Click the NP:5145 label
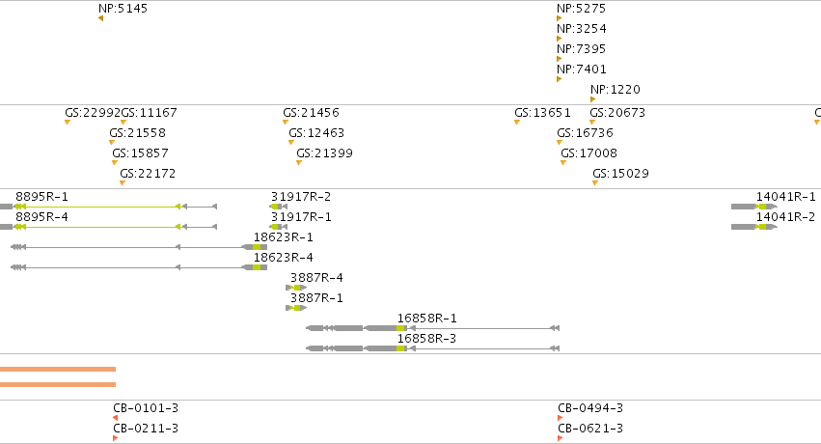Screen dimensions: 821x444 (x=123, y=9)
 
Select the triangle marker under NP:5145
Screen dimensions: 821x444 (x=100, y=19)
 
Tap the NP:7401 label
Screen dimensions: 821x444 (x=581, y=69)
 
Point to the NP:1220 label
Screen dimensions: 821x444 (x=616, y=90)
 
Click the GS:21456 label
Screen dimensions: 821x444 (x=311, y=113)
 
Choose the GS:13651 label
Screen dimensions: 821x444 (x=542, y=113)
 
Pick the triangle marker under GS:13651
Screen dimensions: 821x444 (x=517, y=123)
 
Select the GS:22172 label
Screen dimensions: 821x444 (x=148, y=174)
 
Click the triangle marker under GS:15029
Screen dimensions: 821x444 (x=595, y=183)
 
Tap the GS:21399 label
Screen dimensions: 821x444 (x=324, y=153)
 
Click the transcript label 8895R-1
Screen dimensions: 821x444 (x=41, y=197)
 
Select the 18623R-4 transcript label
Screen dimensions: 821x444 (x=284, y=258)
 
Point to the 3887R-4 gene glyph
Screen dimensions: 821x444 (x=296, y=288)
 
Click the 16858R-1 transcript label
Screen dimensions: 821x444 (x=426, y=319)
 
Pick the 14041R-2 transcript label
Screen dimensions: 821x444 (x=785, y=217)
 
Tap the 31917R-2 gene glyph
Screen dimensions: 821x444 (x=279, y=207)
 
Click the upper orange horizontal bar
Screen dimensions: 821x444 (x=58, y=369)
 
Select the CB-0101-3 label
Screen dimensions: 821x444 (x=146, y=408)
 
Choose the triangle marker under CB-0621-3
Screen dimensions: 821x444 (x=560, y=438)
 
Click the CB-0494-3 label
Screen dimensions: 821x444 (x=590, y=408)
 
